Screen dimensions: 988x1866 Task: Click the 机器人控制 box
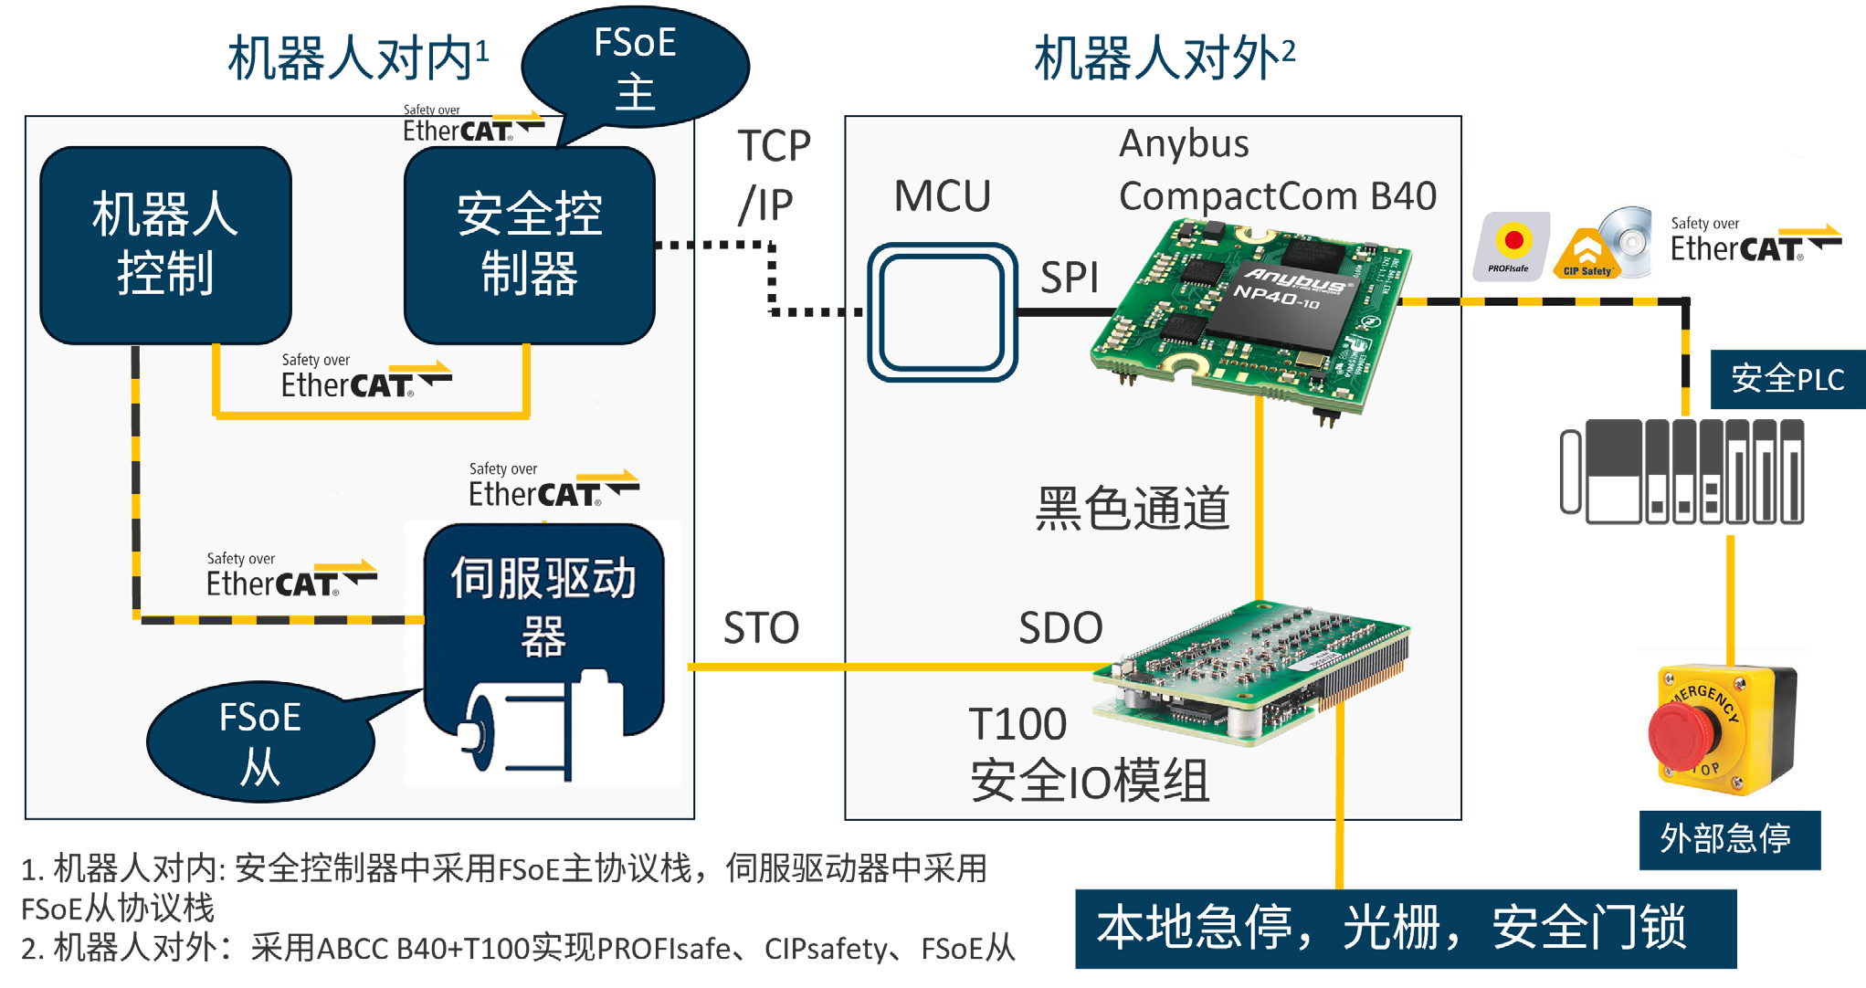[165, 245]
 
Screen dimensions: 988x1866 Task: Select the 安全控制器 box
[529, 245]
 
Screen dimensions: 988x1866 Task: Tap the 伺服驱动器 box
[543, 607]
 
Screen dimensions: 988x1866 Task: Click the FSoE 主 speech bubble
[635, 66]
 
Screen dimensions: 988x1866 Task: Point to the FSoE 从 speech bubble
[259, 741]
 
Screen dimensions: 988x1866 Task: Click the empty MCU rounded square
[942, 311]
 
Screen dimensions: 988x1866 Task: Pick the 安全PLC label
[1787, 379]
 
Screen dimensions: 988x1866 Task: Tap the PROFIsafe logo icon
[1511, 246]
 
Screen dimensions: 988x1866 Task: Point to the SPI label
[1069, 278]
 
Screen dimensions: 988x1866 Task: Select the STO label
[761, 628]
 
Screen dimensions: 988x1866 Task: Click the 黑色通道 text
[1132, 509]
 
